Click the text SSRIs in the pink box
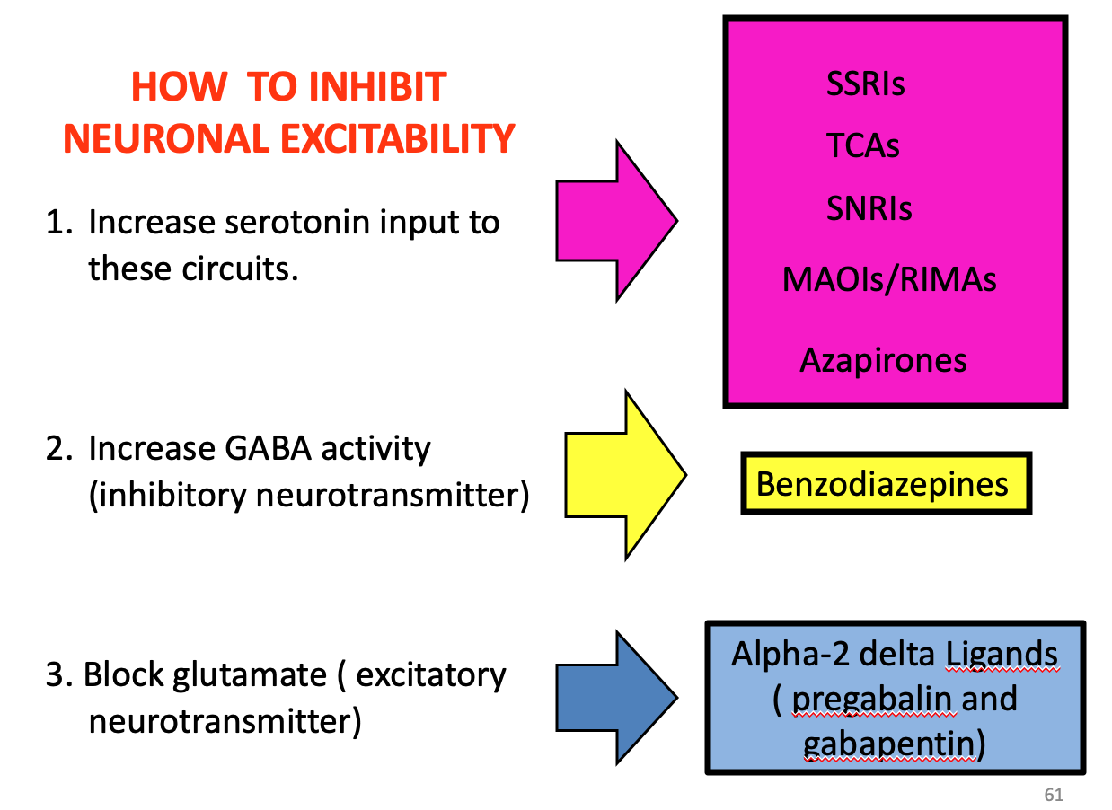[865, 84]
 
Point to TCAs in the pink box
[863, 146]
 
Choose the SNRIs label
[869, 209]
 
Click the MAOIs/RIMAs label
[889, 279]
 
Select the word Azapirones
[883, 361]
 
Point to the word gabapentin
[888, 744]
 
